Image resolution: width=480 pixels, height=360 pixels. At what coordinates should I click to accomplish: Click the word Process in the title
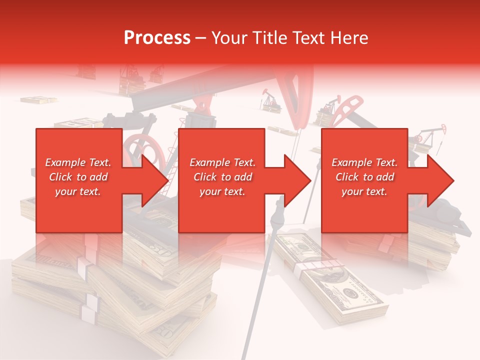coord(157,38)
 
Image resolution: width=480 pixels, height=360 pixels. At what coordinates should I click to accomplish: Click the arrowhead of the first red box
coord(155,180)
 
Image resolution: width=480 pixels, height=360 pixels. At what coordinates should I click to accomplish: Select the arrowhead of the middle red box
coord(298,180)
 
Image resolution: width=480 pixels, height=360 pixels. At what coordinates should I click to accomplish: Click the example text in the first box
coord(78,177)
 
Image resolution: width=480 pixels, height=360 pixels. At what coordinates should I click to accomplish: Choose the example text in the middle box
coord(222,177)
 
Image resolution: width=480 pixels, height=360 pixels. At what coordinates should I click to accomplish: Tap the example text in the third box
coord(364,177)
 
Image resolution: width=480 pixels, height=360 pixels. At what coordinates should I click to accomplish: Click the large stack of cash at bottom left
coord(115,285)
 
